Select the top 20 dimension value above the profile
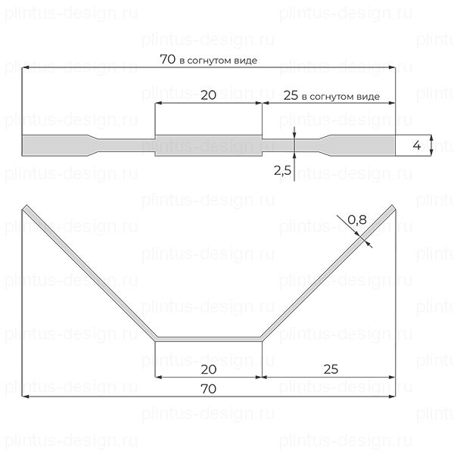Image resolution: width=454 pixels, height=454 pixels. (208, 95)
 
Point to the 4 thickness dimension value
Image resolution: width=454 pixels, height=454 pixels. (416, 145)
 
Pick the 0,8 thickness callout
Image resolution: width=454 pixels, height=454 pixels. (358, 221)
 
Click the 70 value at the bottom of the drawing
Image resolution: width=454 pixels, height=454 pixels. (208, 388)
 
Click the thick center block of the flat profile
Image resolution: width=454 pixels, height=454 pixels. (208, 145)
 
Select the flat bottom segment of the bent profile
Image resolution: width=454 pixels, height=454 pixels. (208, 339)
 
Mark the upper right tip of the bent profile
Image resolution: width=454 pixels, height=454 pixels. (393, 207)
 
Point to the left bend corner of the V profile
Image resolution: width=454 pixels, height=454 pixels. (155, 338)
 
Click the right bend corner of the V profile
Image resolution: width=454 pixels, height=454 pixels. (262, 338)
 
